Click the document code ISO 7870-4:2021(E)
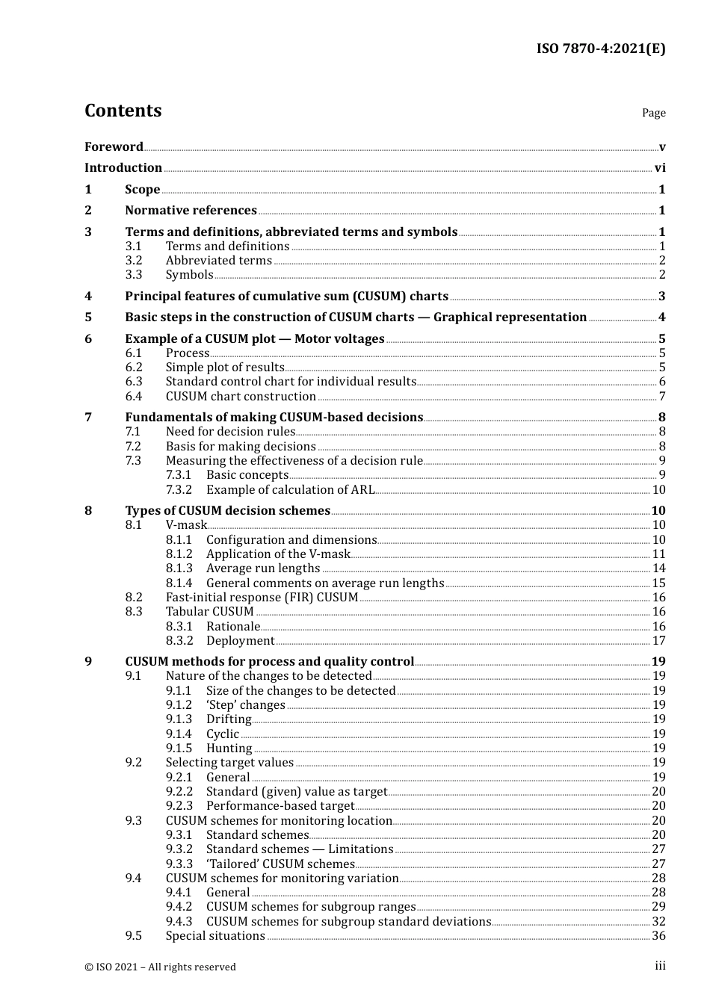pos(600,49)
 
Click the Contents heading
pos(123,111)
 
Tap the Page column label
pos(653,113)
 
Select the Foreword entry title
pos(114,147)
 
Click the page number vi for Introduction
pos(660,168)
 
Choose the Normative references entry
pos(191,211)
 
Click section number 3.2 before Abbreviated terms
pos(134,261)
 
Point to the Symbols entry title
pos(189,275)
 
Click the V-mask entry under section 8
pos(186,525)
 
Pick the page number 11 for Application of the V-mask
pos(658,554)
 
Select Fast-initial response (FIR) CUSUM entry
pos(262,598)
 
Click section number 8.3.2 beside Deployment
pos(179,641)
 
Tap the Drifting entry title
pos(229,719)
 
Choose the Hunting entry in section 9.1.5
pos(229,749)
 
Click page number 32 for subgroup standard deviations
pos(658,922)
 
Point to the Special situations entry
pos(215,936)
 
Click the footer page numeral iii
pos(660,966)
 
